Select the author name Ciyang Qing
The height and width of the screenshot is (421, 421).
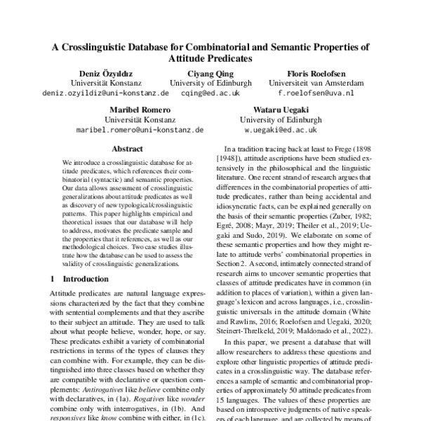point(210,73)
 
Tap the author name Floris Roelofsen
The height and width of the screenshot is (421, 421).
point(316,73)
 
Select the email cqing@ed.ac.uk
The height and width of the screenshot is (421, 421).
point(210,93)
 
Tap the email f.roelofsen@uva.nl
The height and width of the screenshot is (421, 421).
point(316,93)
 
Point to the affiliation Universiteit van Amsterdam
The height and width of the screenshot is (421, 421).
point(316,83)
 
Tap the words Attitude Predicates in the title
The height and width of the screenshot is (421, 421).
point(210,60)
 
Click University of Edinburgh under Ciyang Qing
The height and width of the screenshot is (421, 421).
point(210,83)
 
